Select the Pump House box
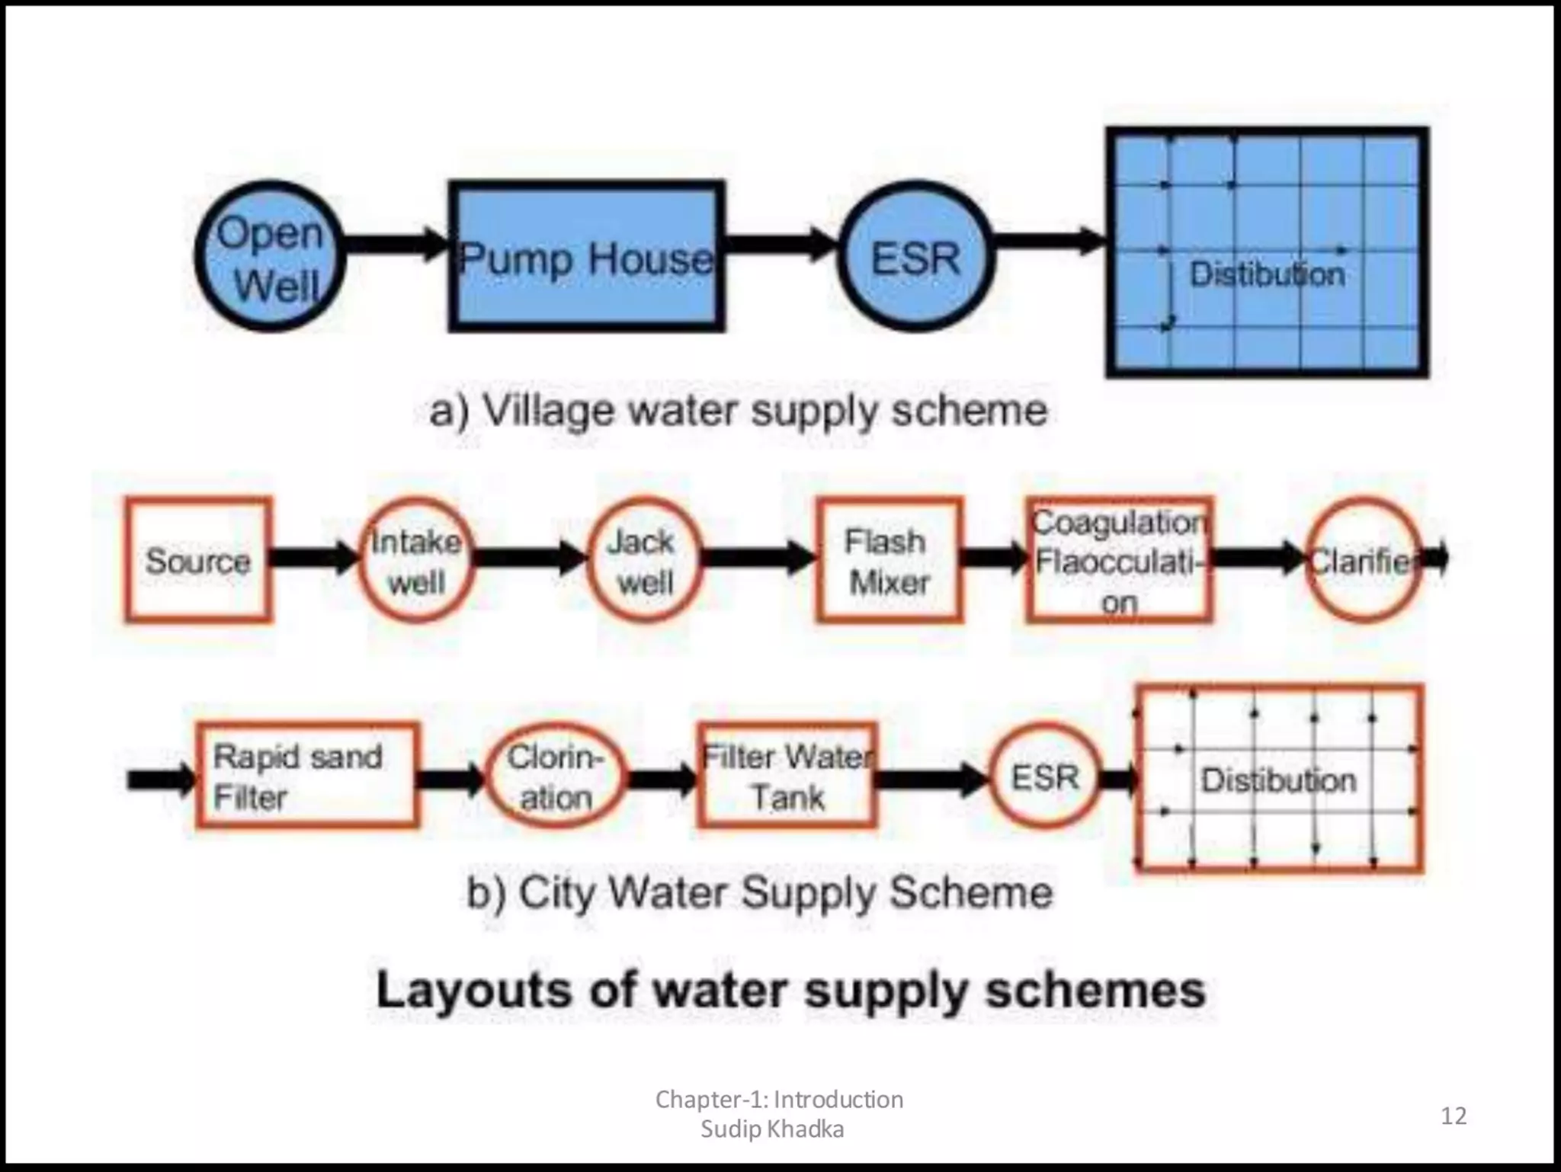[586, 257]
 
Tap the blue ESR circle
[916, 257]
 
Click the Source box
[198, 561]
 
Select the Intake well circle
[416, 561]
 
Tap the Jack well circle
[645, 561]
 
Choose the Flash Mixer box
[889, 561]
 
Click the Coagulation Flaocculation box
[1119, 561]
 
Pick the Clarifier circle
[1363, 561]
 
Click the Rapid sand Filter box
[307, 776]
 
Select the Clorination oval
[555, 776]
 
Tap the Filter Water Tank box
[787, 776]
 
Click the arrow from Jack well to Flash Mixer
[758, 559]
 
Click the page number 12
[1454, 1116]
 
